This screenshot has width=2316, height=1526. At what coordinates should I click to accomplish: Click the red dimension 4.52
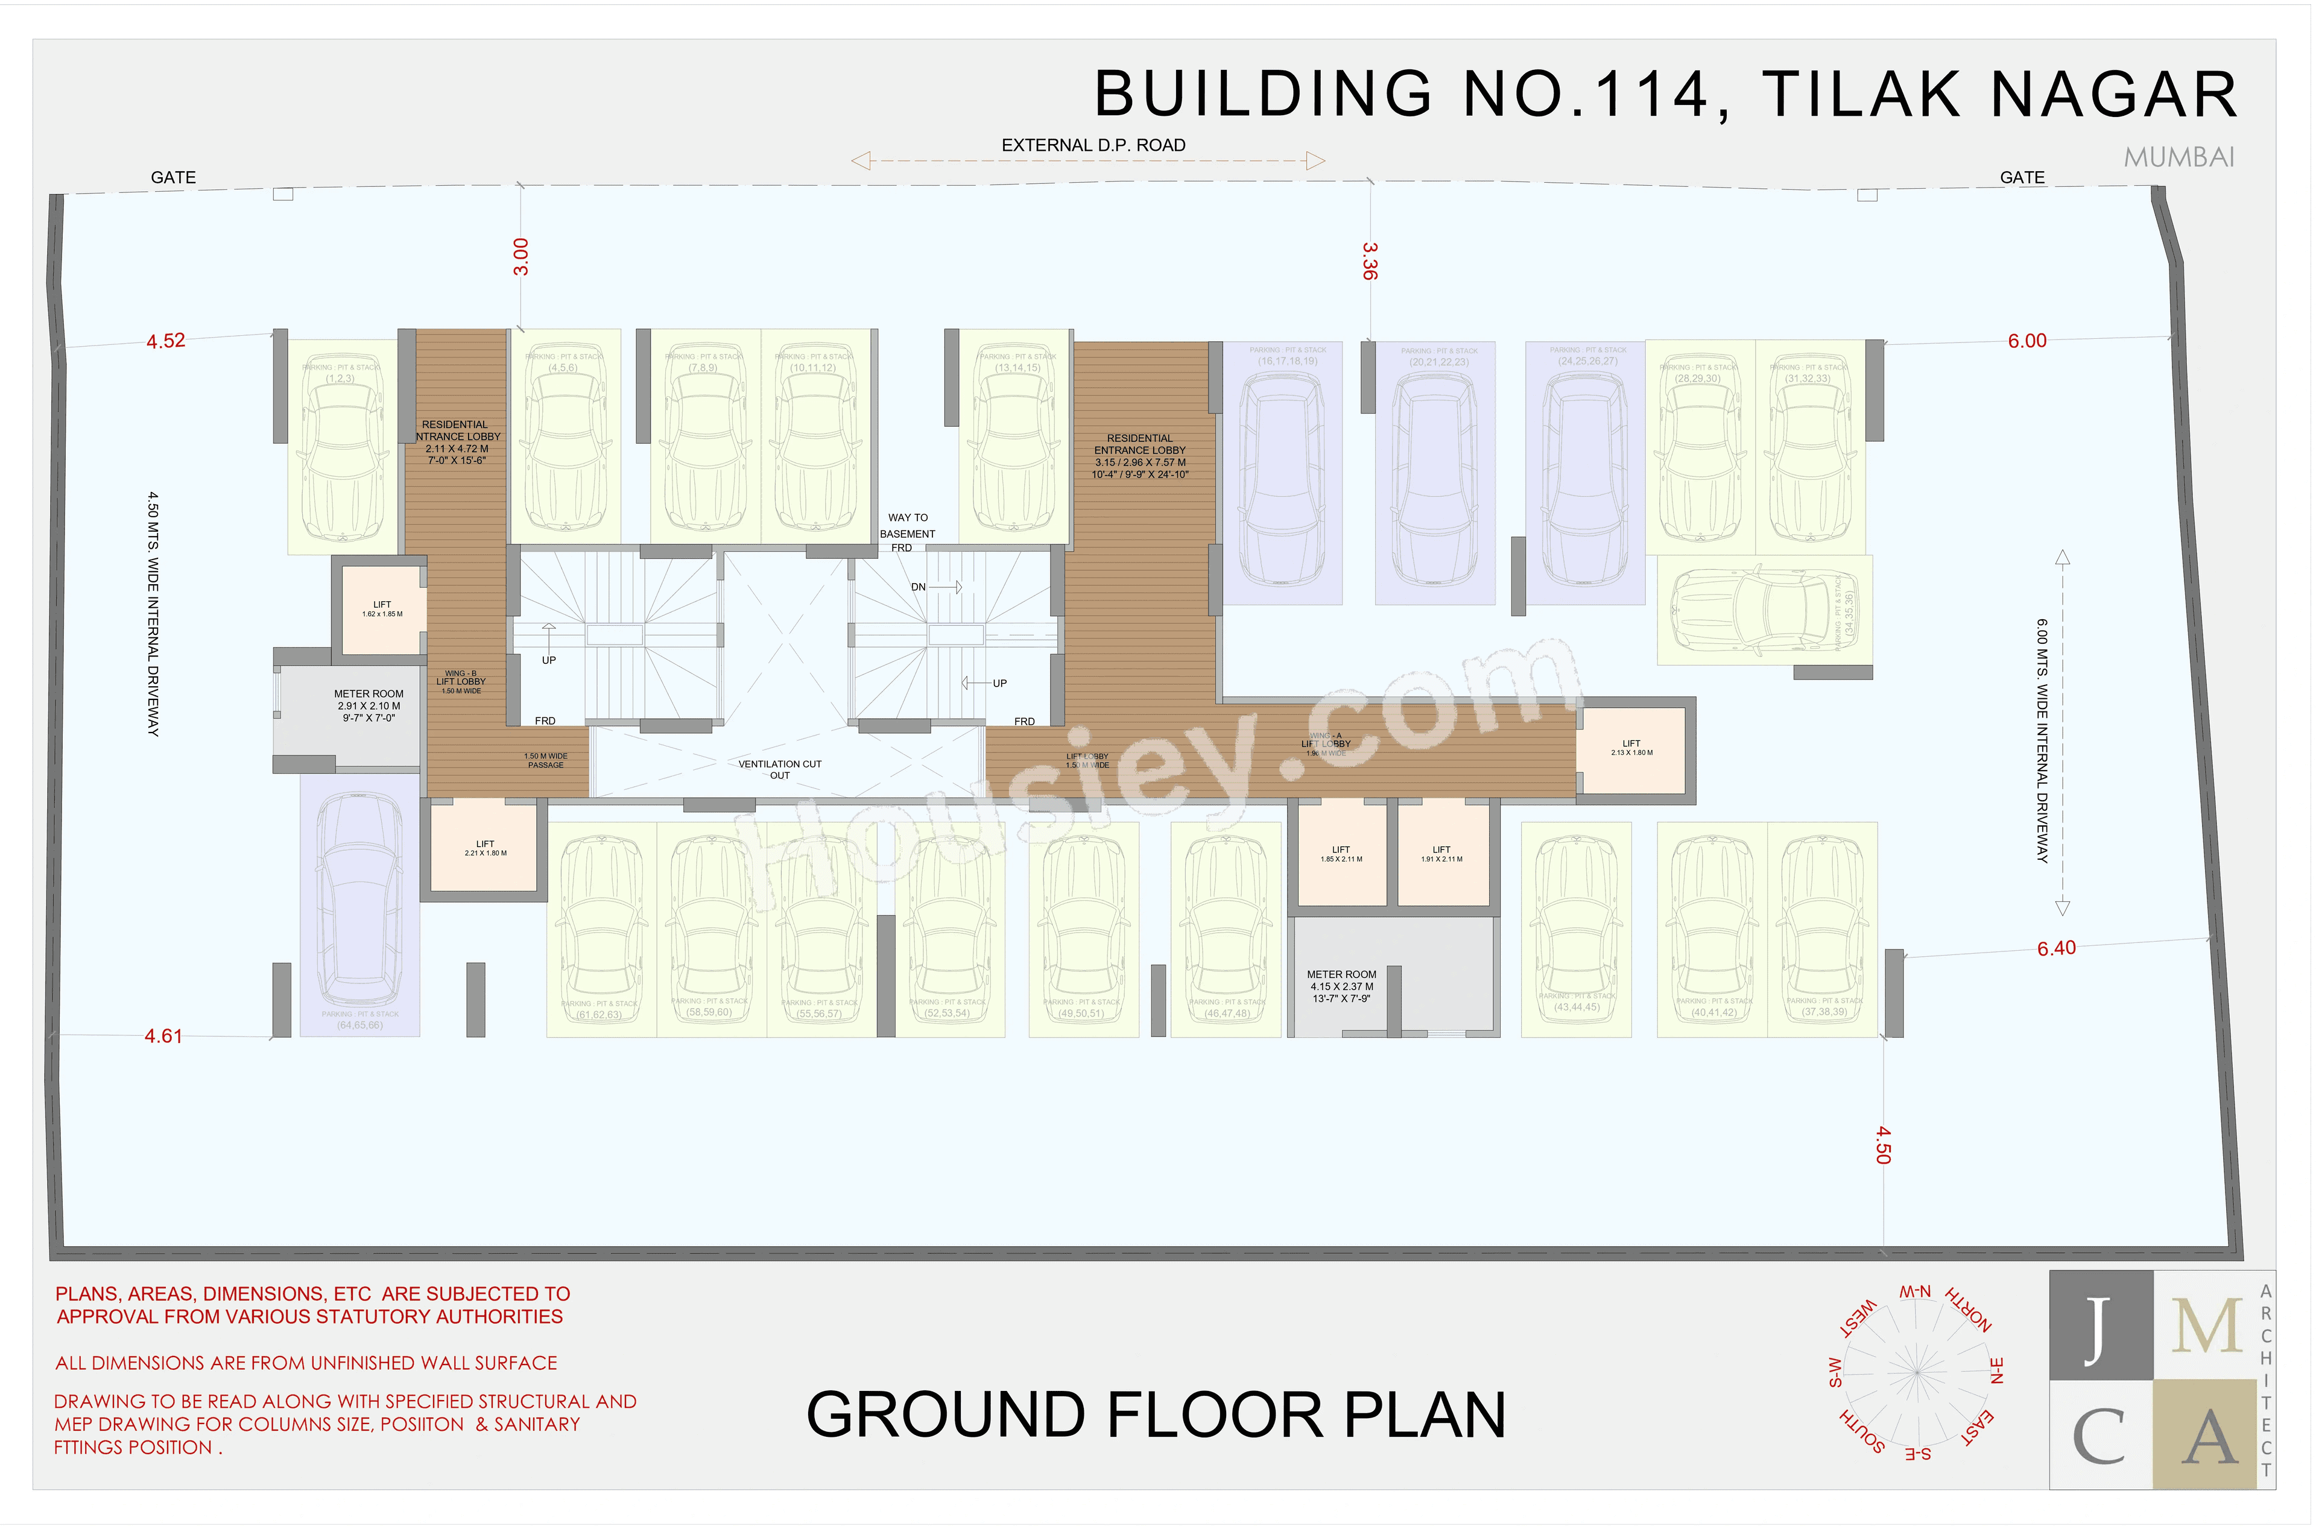[x=165, y=341]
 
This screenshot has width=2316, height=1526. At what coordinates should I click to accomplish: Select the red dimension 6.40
[x=2056, y=948]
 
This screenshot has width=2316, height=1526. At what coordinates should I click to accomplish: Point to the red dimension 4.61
[x=163, y=1036]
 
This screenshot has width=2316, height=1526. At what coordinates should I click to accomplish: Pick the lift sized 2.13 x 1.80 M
[x=1631, y=748]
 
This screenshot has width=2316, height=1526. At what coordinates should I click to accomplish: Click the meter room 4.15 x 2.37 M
[x=1341, y=986]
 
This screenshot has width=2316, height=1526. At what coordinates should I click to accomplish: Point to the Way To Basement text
[x=907, y=526]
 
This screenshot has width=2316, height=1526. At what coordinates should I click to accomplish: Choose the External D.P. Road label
[x=1093, y=145]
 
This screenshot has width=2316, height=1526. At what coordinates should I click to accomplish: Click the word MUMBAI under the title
[x=2178, y=157]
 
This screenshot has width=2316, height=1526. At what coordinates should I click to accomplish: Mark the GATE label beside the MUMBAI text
[x=2022, y=177]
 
